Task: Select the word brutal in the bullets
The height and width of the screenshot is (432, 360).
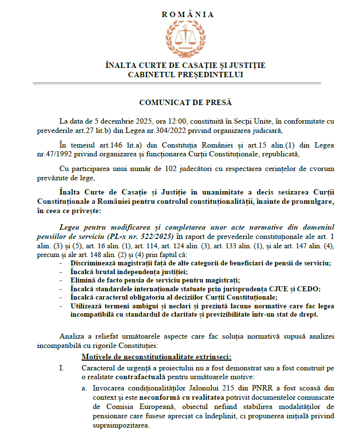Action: click(107, 272)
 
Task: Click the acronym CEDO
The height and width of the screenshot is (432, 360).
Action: click(311, 288)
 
